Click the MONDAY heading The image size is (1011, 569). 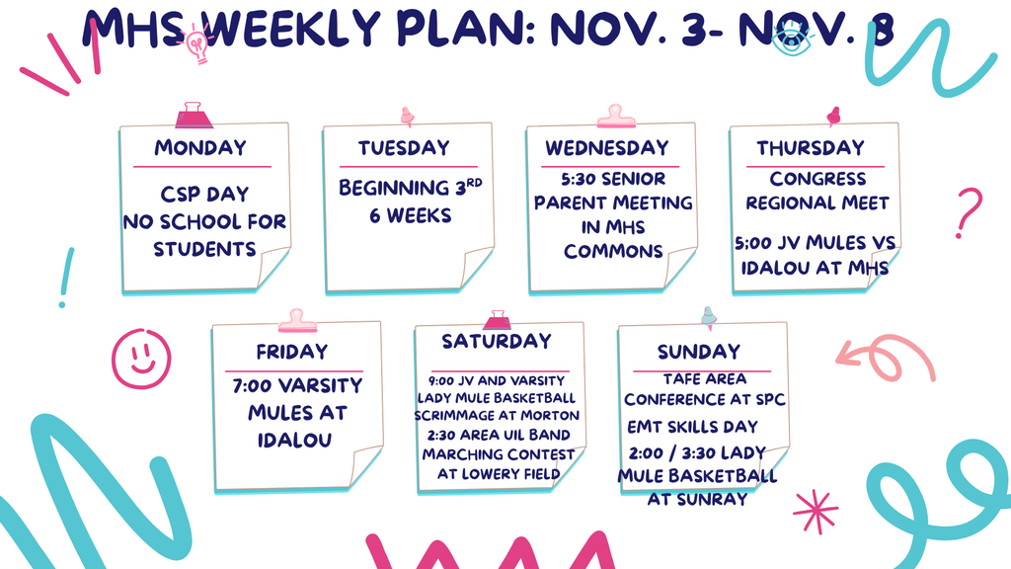click(x=199, y=148)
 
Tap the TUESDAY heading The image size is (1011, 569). click(x=404, y=148)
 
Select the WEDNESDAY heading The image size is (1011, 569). click(x=607, y=148)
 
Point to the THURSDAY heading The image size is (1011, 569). click(x=810, y=148)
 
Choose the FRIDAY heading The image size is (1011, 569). click(x=292, y=352)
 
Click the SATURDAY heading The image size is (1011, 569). click(x=497, y=341)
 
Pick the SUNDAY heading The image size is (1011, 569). click(x=699, y=352)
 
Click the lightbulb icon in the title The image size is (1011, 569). click(x=196, y=43)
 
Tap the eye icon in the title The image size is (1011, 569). click(x=792, y=39)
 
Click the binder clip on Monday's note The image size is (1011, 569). click(x=194, y=115)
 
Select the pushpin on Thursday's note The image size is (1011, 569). click(x=833, y=117)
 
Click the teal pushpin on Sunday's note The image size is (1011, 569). click(x=709, y=317)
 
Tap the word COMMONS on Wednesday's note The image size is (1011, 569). click(x=613, y=251)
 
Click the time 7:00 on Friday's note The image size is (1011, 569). click(x=252, y=386)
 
